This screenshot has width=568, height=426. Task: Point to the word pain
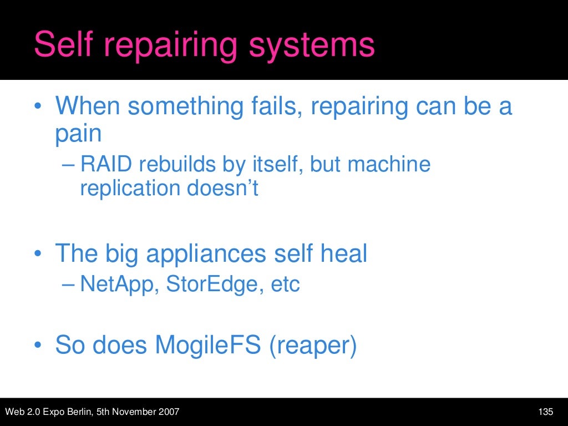click(78, 134)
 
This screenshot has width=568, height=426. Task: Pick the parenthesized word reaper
click(312, 345)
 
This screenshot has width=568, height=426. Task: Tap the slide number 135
click(546, 412)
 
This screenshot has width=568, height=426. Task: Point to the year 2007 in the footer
click(169, 412)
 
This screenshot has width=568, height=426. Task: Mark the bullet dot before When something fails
click(37, 106)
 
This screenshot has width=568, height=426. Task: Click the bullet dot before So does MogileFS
click(37, 345)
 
